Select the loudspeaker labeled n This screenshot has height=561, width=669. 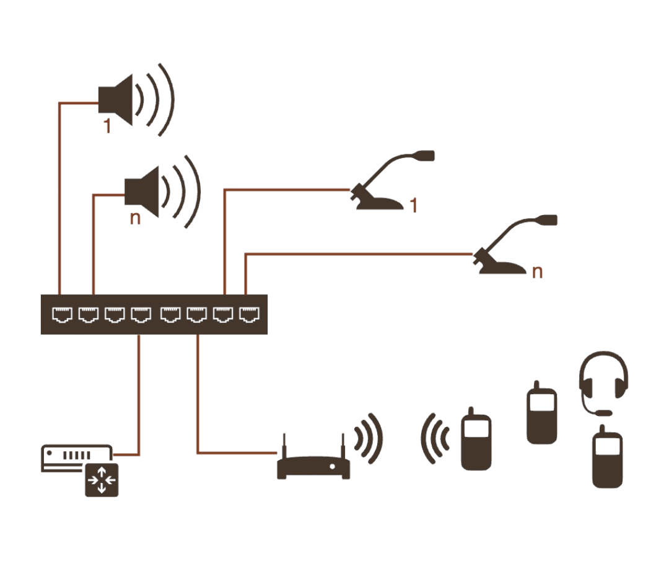[144, 190]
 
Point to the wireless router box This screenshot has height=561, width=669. [313, 467]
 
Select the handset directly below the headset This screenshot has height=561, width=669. [606, 458]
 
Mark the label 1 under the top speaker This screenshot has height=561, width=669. [108, 126]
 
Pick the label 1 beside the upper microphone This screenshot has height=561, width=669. [414, 205]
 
